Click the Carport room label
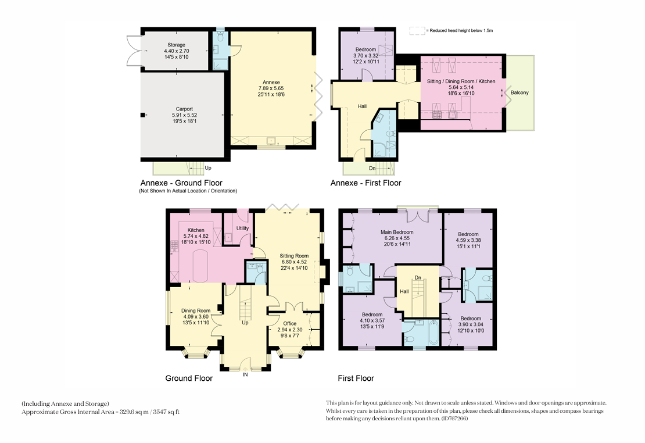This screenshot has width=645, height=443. [x=184, y=109]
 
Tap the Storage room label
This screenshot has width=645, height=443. [x=176, y=45]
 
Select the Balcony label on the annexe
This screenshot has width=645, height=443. [x=519, y=92]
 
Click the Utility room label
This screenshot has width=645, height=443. [x=242, y=228]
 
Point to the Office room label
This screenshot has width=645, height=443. [x=289, y=324]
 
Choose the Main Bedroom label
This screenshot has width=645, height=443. [x=397, y=232]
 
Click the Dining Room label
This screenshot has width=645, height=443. [x=196, y=311]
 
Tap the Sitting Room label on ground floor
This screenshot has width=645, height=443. [x=294, y=256]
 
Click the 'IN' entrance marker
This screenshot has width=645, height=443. [x=245, y=374]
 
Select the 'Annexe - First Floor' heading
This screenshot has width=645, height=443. [x=365, y=183]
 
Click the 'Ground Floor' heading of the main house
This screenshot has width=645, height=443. [x=189, y=378]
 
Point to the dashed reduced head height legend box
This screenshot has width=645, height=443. [x=417, y=31]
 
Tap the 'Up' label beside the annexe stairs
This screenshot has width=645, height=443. [x=208, y=168]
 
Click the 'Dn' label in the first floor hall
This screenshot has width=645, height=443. [x=418, y=278]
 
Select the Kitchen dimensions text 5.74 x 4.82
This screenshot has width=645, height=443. [x=196, y=236]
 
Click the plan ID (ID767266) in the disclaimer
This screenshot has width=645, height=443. [x=454, y=419]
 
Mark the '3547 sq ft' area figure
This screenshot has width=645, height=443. [x=166, y=412]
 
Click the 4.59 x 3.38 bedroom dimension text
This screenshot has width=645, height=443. [x=468, y=240]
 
